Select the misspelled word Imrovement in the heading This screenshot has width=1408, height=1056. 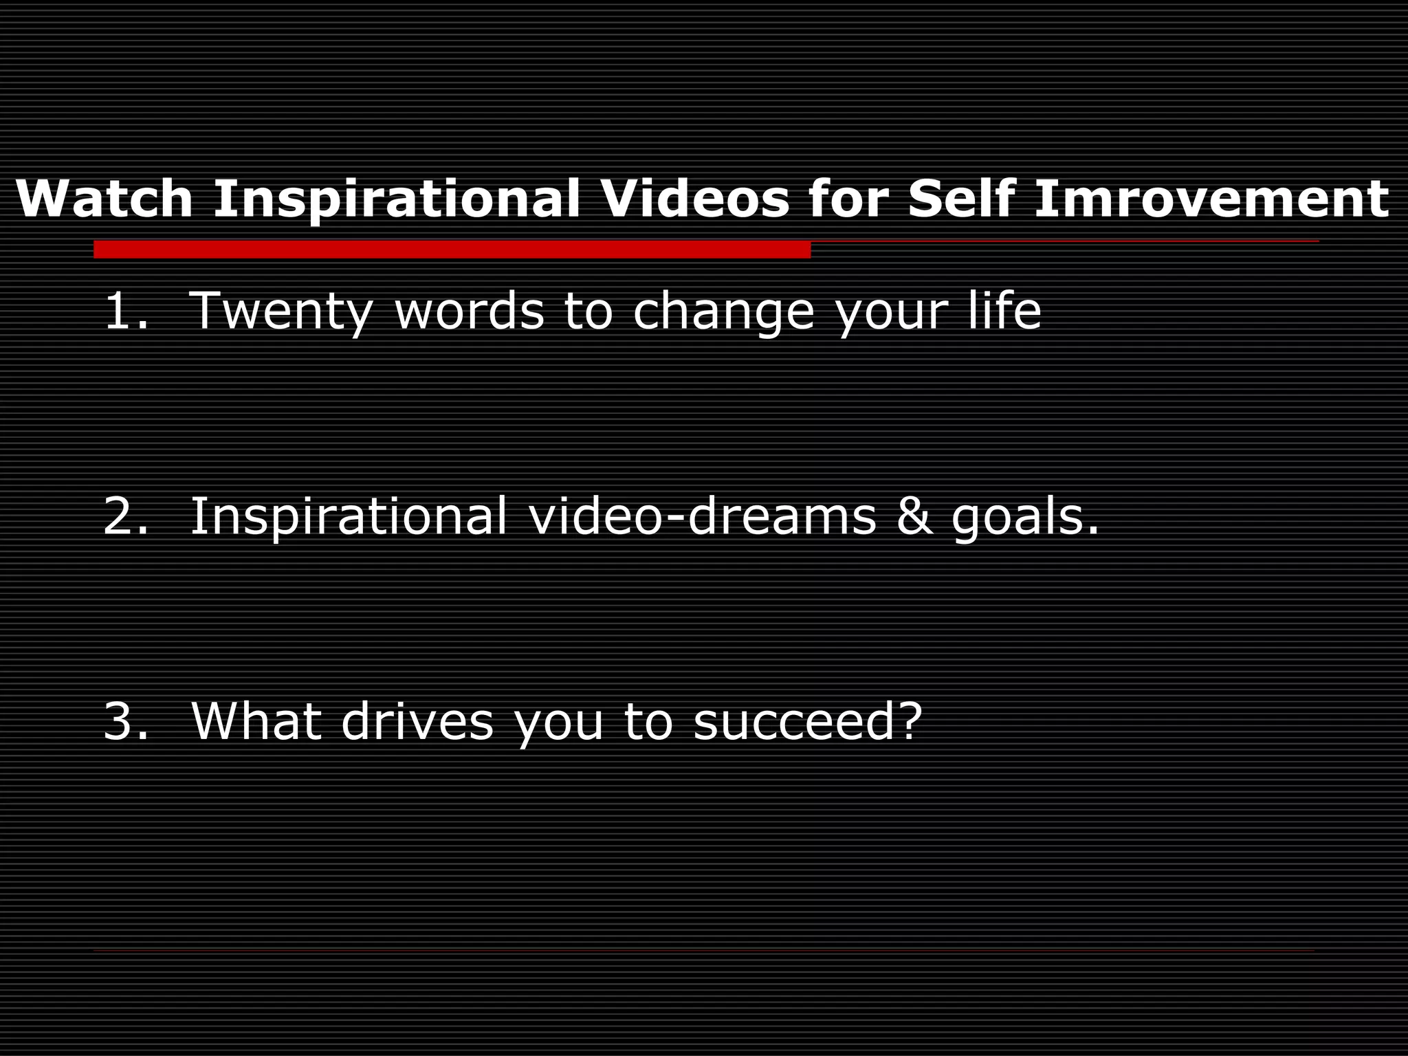(x=1211, y=199)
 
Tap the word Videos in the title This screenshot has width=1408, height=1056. (x=695, y=199)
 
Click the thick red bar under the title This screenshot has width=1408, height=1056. (x=452, y=250)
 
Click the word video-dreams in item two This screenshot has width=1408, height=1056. (x=702, y=516)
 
